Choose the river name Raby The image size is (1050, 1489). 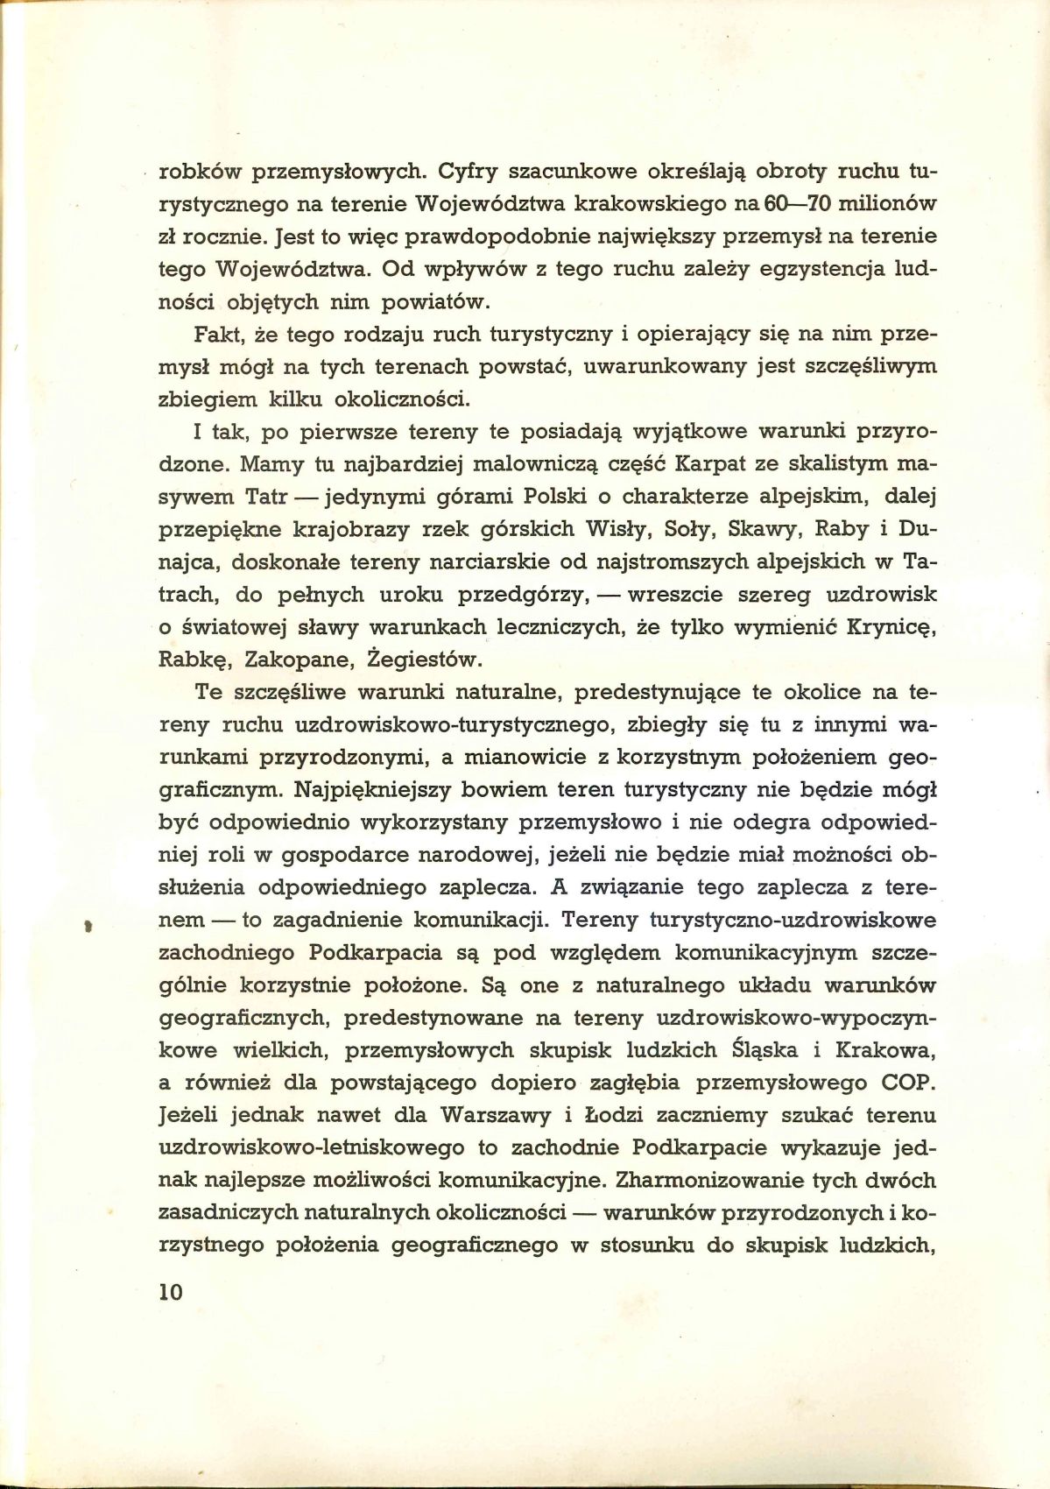[x=849, y=530]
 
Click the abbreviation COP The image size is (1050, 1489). [x=909, y=1083]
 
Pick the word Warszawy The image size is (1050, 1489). [x=498, y=1116]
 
